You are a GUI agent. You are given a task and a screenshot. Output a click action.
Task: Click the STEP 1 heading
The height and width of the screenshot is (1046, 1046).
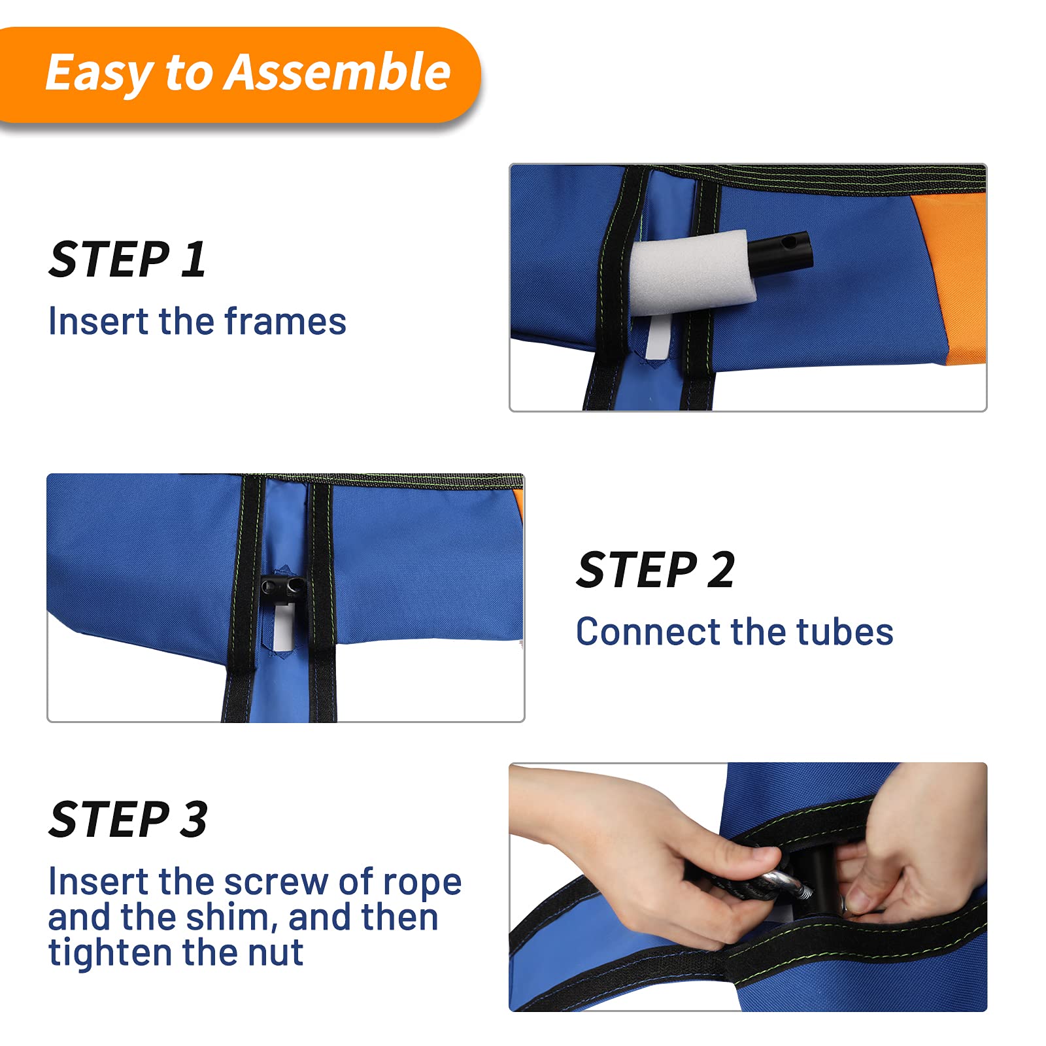tap(127, 260)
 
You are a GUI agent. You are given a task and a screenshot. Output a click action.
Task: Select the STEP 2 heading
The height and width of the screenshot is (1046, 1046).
tap(656, 569)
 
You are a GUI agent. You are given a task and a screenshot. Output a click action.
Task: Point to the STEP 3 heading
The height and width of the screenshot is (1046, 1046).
tap(128, 819)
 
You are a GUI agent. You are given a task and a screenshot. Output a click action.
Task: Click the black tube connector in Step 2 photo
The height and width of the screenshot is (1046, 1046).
tap(282, 586)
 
